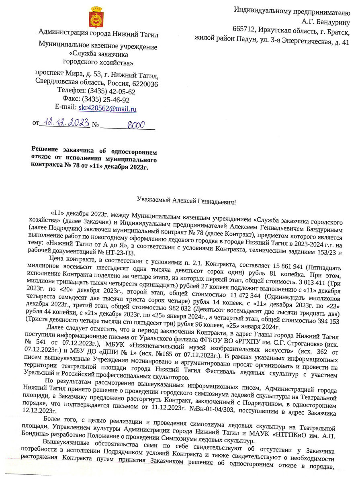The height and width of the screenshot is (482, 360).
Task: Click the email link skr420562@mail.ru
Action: tap(107, 109)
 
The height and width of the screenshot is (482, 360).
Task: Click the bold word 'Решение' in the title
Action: tap(46, 151)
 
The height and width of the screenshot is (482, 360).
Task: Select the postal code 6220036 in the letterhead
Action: tap(143, 84)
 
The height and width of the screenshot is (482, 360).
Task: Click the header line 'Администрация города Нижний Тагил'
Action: tap(98, 35)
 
